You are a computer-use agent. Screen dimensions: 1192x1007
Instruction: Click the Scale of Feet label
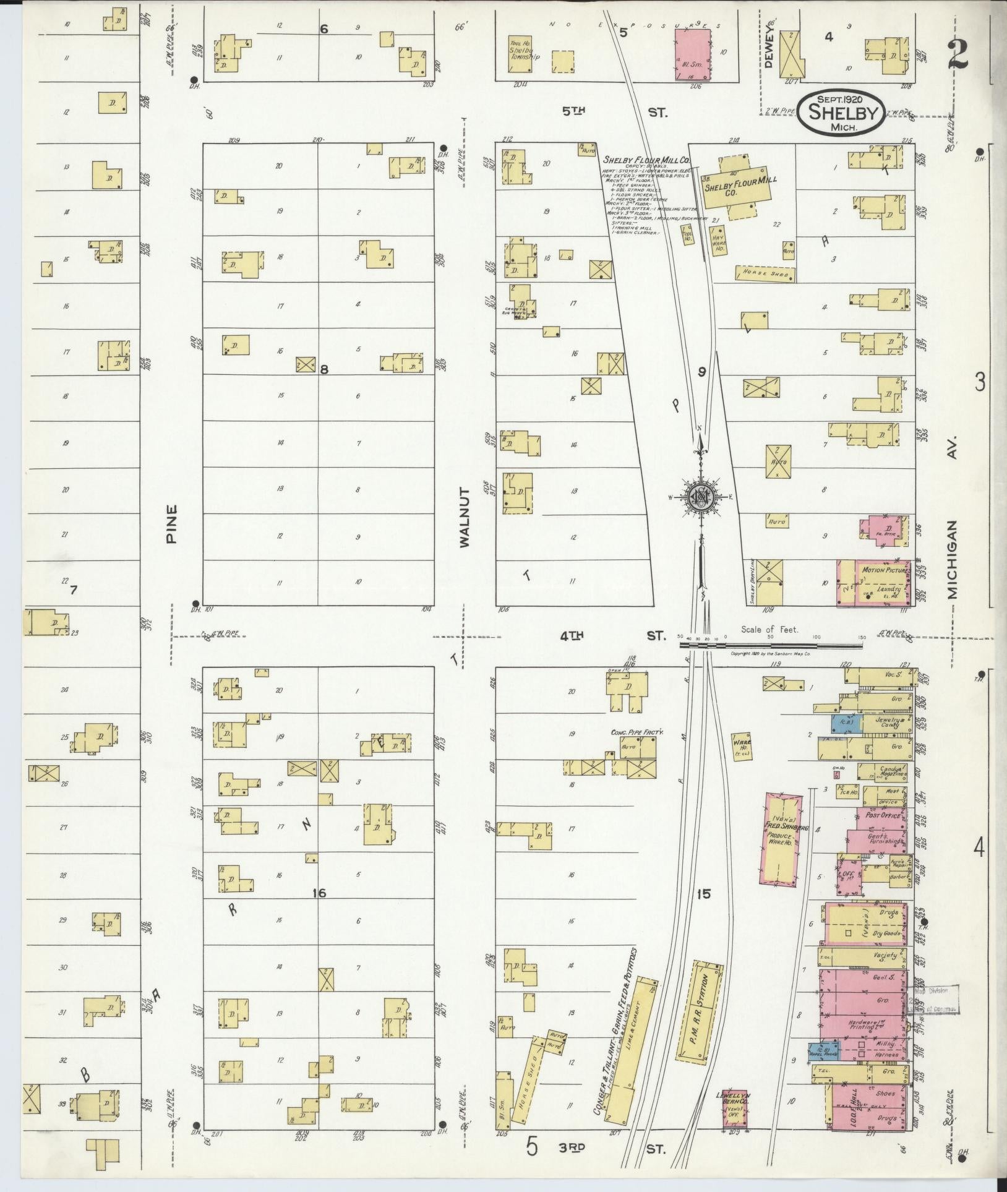click(x=770, y=629)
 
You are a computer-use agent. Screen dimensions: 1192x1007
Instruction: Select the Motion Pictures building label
click(x=882, y=570)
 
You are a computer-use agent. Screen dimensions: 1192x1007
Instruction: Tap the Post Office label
click(x=881, y=815)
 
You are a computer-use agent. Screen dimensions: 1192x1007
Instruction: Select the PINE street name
click(x=171, y=524)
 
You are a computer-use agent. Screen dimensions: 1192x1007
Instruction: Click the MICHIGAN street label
click(x=951, y=559)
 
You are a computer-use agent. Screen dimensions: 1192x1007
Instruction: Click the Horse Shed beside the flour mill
click(x=764, y=273)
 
